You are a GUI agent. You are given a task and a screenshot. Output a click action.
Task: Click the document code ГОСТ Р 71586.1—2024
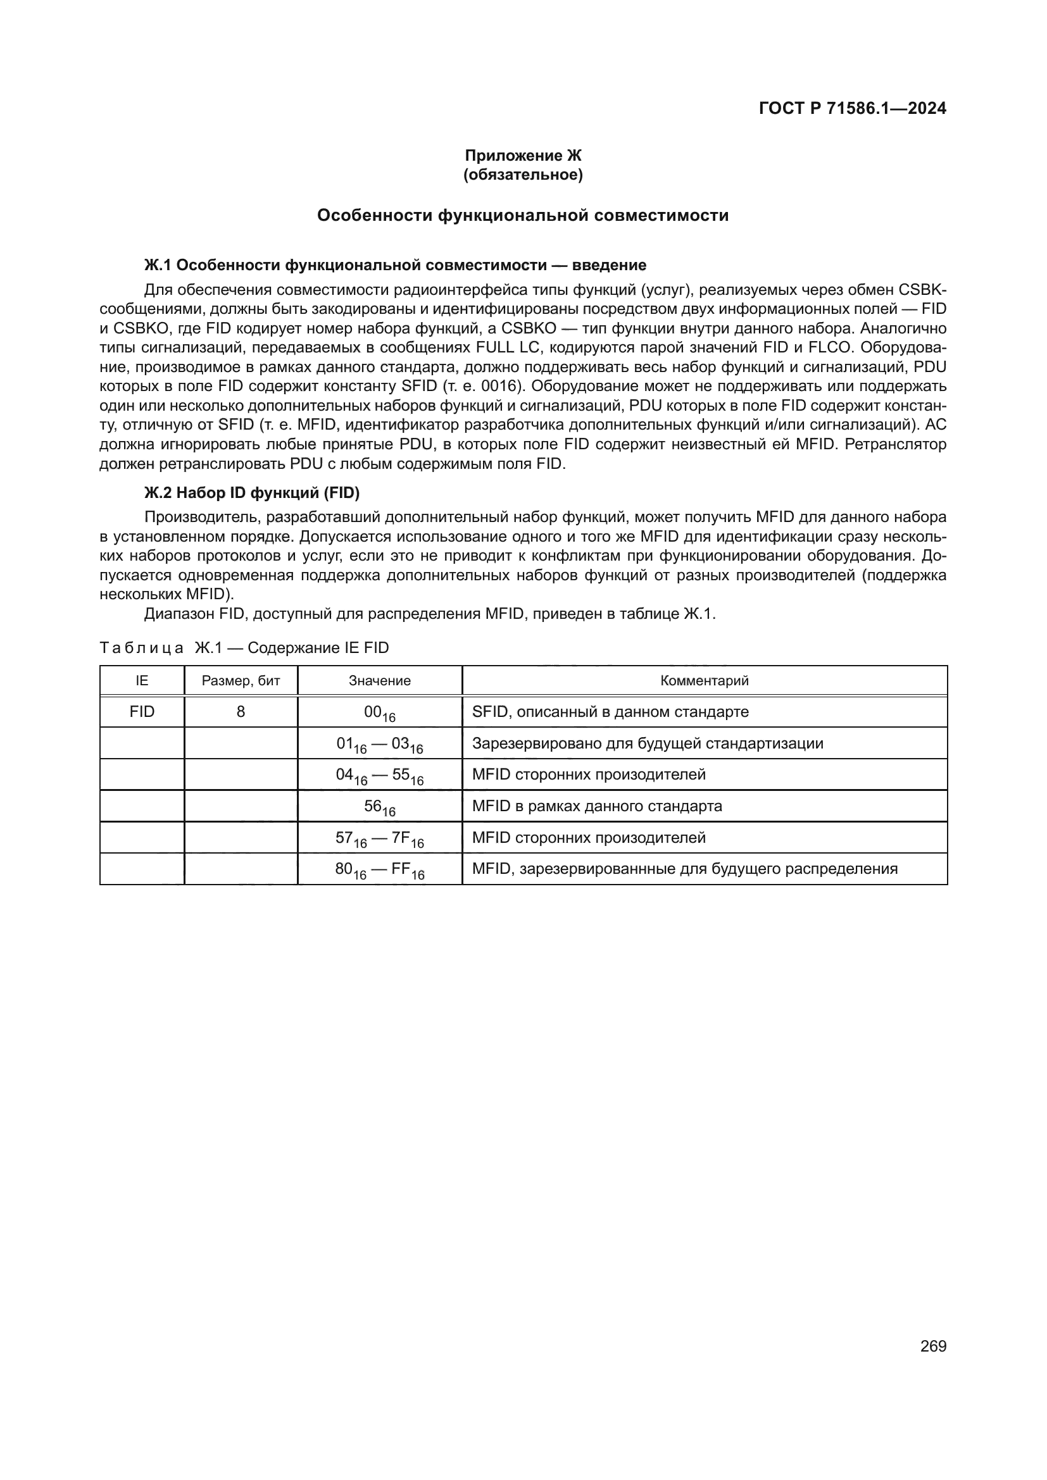coord(851,108)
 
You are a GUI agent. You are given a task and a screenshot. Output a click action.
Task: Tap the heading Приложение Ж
coord(523,156)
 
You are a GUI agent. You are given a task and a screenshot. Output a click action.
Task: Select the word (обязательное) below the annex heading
coord(523,175)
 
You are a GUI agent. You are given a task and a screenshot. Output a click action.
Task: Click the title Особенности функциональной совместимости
coord(523,215)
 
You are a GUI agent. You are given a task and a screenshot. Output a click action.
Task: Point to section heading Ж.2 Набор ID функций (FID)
coord(251,492)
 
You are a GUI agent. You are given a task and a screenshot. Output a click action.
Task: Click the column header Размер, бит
coord(241,681)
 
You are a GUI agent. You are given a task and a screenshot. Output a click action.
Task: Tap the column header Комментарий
coord(704,681)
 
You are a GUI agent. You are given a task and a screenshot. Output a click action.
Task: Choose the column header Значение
coord(380,681)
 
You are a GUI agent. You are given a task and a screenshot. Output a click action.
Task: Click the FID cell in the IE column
coord(142,712)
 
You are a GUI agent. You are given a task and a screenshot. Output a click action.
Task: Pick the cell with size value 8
coord(241,712)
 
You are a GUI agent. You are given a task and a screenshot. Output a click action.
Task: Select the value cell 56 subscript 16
coord(380,807)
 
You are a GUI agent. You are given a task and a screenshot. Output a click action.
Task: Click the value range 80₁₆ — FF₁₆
coord(380,870)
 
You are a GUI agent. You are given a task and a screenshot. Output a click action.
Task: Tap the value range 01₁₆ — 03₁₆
coord(380,745)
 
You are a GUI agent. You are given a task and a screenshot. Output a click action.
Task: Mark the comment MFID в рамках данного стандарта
coord(596,805)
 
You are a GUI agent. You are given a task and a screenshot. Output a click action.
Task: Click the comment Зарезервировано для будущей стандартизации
coord(648,743)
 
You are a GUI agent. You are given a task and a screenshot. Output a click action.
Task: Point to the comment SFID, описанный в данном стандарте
coord(610,712)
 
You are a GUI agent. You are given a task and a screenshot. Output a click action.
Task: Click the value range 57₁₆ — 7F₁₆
coord(380,838)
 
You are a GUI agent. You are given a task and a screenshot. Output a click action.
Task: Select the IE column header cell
coord(142,681)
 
